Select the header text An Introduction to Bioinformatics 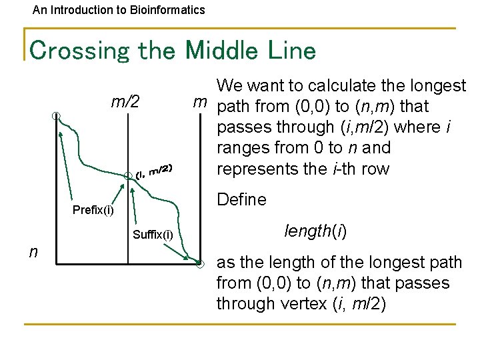click(119, 10)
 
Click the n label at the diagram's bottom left click(33, 251)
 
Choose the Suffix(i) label click(153, 234)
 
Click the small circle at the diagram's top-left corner click(57, 116)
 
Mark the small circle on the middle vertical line click(128, 176)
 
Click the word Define click(242, 199)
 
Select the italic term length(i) click(312, 231)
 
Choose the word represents click(258, 168)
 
